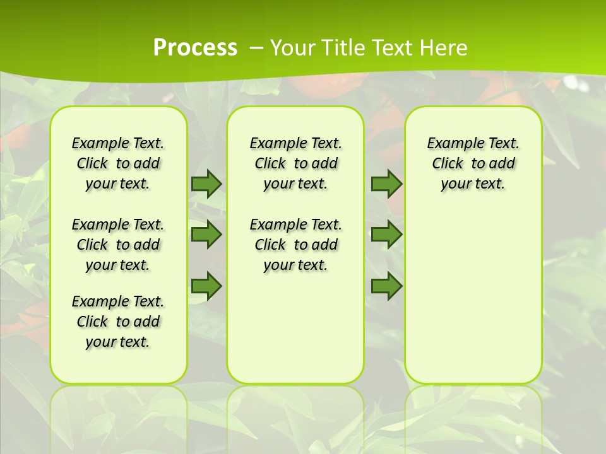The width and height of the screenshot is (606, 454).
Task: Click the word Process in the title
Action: [195, 48]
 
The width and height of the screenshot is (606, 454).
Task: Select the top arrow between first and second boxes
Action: [206, 183]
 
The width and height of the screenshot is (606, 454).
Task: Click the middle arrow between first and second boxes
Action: [206, 235]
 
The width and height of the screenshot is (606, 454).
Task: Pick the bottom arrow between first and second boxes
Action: [206, 286]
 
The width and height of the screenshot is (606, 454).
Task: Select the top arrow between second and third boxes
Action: [386, 183]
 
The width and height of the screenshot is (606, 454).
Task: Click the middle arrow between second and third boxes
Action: [386, 235]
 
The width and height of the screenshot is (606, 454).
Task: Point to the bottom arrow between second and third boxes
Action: [386, 286]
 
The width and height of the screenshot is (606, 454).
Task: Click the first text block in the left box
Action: [118, 163]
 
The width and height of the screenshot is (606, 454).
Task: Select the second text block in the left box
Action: [118, 245]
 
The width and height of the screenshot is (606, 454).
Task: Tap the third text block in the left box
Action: [118, 322]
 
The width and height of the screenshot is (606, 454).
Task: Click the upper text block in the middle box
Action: [295, 163]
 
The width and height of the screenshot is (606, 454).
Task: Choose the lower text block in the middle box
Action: [295, 245]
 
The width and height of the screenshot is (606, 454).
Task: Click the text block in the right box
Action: [473, 163]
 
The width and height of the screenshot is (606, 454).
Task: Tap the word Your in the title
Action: [292, 48]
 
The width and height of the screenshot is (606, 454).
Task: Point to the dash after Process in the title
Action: [256, 48]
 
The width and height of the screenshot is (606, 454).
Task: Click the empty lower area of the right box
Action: [473, 296]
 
